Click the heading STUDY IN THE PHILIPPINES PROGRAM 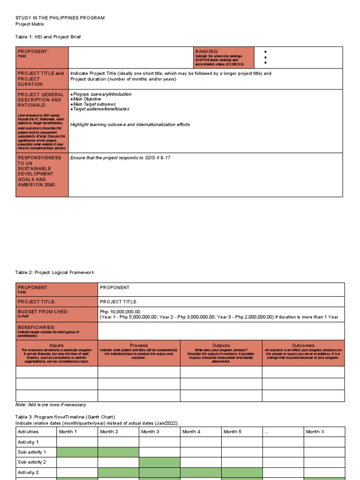[x=60, y=18]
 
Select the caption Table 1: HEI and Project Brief [x=51, y=37]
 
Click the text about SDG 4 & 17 [x=120, y=158]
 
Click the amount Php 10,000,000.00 [x=120, y=312]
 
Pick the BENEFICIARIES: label [x=37, y=327]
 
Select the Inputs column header [x=57, y=345]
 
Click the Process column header [x=139, y=345]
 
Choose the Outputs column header [x=221, y=345]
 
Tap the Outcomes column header [x=303, y=345]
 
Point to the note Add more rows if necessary [x=51, y=405]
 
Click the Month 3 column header [x=150, y=432]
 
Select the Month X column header [x=315, y=432]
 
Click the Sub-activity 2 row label [x=32, y=462]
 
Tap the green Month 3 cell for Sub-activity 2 [x=159, y=462]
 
